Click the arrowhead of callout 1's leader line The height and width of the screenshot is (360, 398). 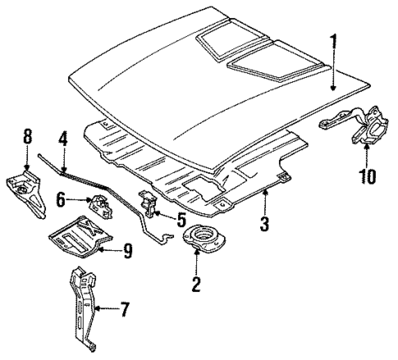pos(332,89)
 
